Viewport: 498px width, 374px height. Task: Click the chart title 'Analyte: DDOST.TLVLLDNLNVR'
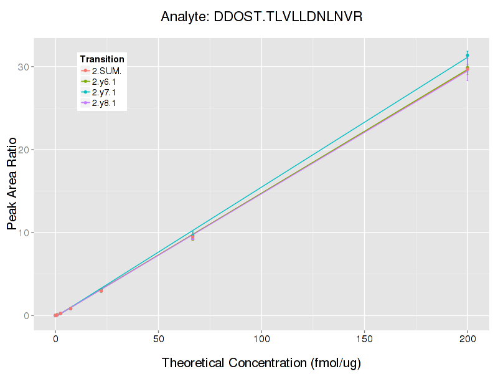point(261,17)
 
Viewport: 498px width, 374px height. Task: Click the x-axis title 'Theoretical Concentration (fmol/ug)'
point(261,363)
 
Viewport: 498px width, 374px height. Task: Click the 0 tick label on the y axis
point(28,315)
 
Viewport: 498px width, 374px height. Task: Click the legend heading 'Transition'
point(102,59)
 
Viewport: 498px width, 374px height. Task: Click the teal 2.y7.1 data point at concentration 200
point(467,55)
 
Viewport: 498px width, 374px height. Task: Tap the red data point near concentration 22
point(101,290)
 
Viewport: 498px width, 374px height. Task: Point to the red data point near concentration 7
point(70,309)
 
